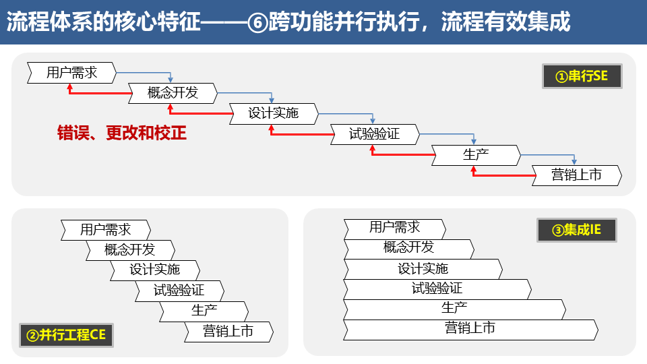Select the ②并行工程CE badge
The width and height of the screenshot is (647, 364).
pyautogui.click(x=65, y=334)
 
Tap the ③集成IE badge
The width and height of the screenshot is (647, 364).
pyautogui.click(x=576, y=230)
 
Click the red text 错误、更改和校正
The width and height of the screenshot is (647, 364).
pyautogui.click(x=122, y=133)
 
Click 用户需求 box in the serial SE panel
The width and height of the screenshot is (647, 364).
pyautogui.click(x=71, y=72)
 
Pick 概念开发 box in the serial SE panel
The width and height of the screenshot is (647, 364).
pyautogui.click(x=173, y=93)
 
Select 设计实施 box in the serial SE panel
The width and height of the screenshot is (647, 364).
pyautogui.click(x=273, y=113)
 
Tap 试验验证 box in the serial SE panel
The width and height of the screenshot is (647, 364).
pyautogui.click(x=374, y=134)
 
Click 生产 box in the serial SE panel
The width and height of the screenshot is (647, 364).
pyautogui.click(x=475, y=154)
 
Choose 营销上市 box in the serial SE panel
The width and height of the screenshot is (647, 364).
pyautogui.click(x=576, y=175)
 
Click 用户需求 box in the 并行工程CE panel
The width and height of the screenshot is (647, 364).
pyautogui.click(x=105, y=230)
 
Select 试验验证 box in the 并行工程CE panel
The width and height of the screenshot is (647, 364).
pyautogui.click(x=179, y=291)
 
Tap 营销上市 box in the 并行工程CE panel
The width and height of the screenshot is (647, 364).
pyautogui.click(x=228, y=332)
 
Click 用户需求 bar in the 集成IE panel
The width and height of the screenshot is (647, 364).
pyautogui.click(x=394, y=228)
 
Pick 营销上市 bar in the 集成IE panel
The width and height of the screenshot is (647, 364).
pyautogui.click(x=470, y=329)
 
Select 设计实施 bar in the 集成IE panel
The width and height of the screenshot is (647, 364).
pyautogui.click(x=423, y=269)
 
